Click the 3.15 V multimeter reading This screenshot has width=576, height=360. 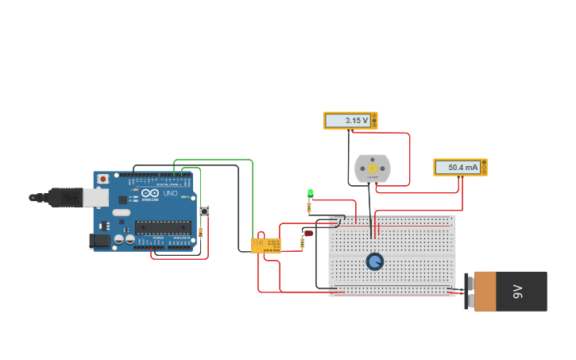point(347,121)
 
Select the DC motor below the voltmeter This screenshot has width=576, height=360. point(372,168)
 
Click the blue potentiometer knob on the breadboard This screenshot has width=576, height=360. point(374,261)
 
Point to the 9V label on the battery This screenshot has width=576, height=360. point(518,292)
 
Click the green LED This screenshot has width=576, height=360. point(310,193)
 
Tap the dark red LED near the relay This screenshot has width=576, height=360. point(308,233)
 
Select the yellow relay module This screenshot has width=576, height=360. point(266,246)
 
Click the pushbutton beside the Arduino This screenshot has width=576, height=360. point(204,211)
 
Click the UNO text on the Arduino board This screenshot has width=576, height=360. point(171,193)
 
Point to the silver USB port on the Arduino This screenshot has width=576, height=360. point(96,197)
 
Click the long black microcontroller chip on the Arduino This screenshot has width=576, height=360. point(163,227)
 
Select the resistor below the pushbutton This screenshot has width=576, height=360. point(200,232)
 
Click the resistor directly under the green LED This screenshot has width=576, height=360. point(309,208)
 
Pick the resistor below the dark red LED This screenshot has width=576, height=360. point(302,242)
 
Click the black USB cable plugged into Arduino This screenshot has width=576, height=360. point(60,196)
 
